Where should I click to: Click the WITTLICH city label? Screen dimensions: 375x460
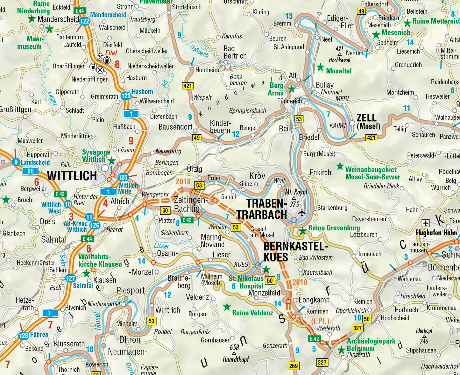coord(72,176)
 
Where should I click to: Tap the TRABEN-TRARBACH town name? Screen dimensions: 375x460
coord(262,209)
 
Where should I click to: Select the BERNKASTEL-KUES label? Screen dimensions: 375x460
coord(295,251)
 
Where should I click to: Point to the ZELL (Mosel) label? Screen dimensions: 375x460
coord(368,122)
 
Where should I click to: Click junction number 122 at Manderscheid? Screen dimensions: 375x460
coord(84,21)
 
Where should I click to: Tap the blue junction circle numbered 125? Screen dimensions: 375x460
coord(123,177)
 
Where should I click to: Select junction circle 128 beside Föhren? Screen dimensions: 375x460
coord(24,336)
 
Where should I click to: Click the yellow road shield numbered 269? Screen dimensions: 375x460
coord(293,366)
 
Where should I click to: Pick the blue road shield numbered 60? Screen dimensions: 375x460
coord(30,171)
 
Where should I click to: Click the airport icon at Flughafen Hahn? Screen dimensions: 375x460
coord(425,223)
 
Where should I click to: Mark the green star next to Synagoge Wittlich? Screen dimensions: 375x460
coord(111,160)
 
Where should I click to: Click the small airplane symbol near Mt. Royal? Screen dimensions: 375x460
coord(302,212)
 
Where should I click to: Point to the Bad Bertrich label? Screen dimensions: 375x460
coord(235,52)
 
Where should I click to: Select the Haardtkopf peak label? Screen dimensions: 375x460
coord(236,359)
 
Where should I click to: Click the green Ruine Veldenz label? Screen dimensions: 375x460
coord(252,313)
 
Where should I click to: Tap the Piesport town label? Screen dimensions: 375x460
coord(131,290)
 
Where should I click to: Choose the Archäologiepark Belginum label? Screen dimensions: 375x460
coord(371,345)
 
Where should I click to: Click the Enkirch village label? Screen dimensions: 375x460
coord(320,173)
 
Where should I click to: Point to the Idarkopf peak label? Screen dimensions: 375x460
coord(424,331)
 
